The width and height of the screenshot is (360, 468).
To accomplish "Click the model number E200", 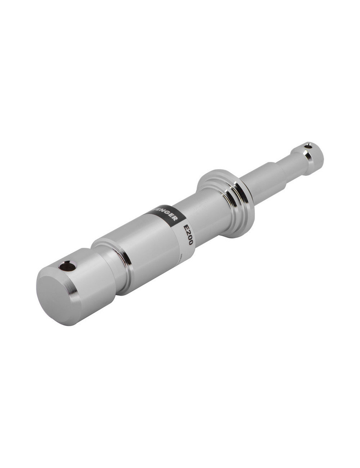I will coord(188,234).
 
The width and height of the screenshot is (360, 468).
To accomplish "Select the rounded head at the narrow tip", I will coord(310,153).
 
